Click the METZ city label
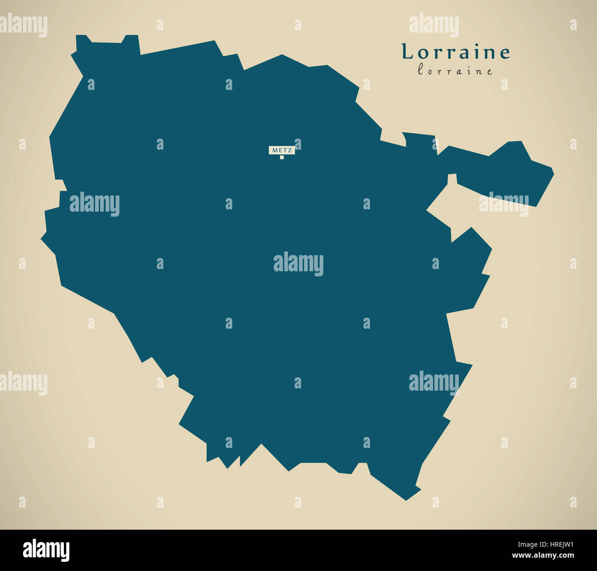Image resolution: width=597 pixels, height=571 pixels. tap(282, 150)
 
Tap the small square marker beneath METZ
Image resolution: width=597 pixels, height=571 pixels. tap(282, 157)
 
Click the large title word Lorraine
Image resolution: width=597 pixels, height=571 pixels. tap(456, 52)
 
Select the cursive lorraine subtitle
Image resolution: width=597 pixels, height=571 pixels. tap(455, 71)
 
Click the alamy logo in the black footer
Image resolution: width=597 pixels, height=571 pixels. tap(46, 550)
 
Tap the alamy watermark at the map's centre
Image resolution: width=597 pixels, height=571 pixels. tap(298, 263)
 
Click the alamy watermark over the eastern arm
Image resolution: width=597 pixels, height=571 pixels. tap(504, 204)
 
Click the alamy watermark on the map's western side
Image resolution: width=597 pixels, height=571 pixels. tap(95, 204)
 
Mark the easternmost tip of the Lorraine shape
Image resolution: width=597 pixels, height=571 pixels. tap(553, 174)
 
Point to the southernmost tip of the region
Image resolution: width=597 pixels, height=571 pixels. tap(406, 500)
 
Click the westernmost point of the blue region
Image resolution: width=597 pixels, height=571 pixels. tap(41, 238)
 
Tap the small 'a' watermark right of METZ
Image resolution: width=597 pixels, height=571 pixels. tap(298, 144)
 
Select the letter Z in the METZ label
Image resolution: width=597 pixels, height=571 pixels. tap(290, 150)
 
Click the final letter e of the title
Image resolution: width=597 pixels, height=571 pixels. tap(505, 53)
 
